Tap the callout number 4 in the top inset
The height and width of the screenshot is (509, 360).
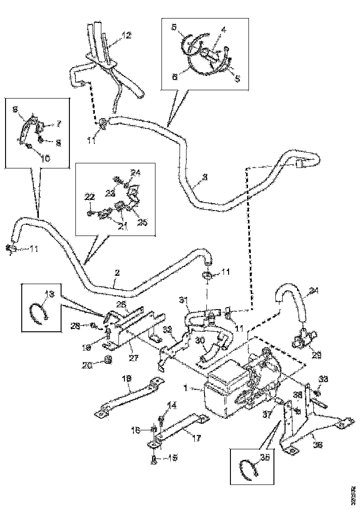(223, 30)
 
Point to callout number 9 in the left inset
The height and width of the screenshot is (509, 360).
(15, 109)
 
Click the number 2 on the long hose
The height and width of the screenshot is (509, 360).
(117, 273)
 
